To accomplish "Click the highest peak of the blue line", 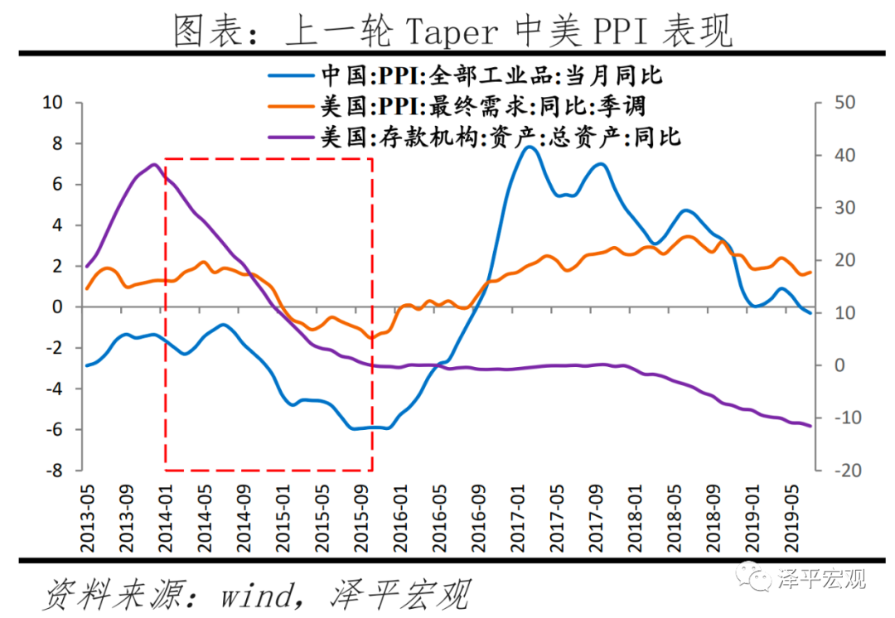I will point(529,147).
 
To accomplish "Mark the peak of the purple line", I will point(154,164).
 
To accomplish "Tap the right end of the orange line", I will point(810,272).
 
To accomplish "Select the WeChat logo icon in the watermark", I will point(756,577).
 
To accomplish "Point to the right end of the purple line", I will point(810,426).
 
